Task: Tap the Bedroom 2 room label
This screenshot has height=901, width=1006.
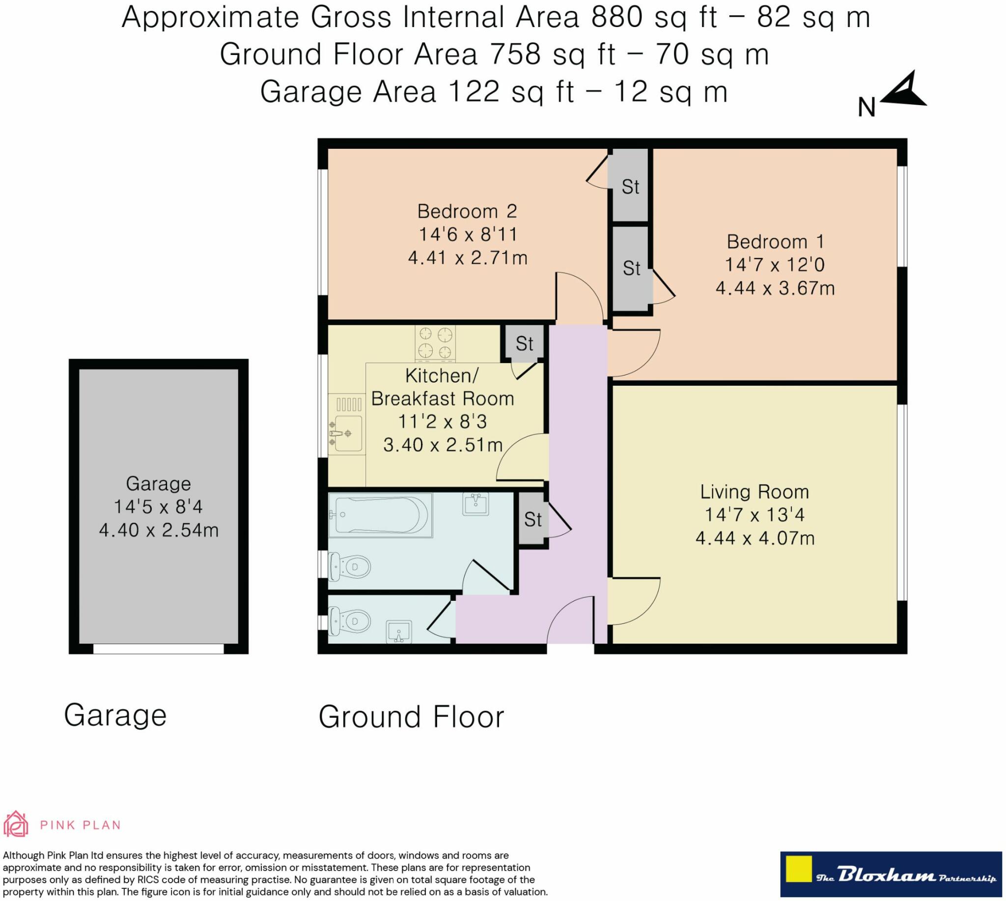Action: point(467,211)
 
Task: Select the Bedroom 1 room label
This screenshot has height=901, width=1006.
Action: point(775,242)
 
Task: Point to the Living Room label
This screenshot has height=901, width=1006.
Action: point(754,492)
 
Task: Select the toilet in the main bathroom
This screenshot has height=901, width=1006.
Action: point(350,565)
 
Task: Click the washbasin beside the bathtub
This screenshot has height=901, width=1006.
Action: point(476,504)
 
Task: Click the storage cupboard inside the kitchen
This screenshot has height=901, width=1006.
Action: point(524,342)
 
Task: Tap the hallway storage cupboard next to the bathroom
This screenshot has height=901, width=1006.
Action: point(532,519)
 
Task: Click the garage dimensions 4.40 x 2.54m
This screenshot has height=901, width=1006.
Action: point(159,530)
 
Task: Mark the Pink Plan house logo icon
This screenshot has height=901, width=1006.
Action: point(17,823)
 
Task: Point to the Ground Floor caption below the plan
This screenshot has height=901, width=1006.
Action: point(411,717)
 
